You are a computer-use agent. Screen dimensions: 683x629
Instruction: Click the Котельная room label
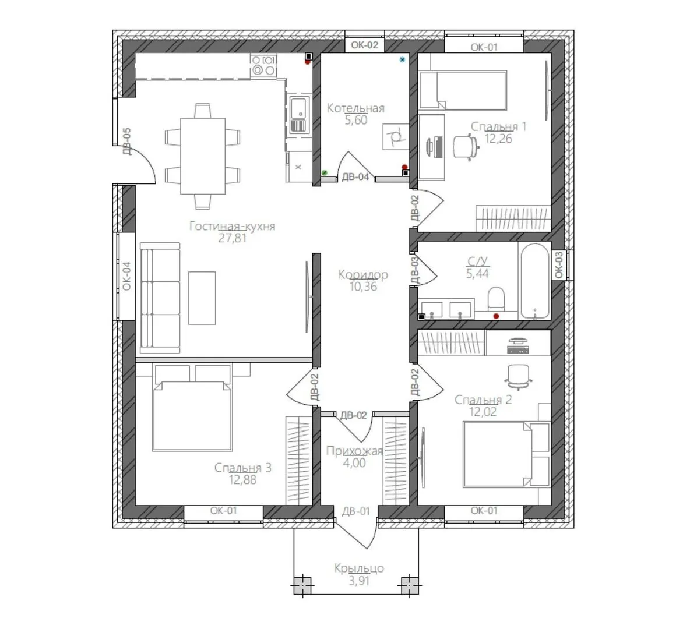pyautogui.click(x=355, y=108)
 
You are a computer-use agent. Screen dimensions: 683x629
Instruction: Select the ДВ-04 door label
pyautogui.click(x=355, y=176)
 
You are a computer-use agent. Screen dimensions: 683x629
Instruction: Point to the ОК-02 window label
pyautogui.click(x=365, y=45)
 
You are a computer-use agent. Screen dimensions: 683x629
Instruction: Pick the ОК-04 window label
pyautogui.click(x=126, y=276)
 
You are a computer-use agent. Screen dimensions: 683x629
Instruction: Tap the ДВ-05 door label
pyautogui.click(x=126, y=141)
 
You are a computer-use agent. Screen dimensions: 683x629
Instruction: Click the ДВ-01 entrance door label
pyautogui.click(x=356, y=511)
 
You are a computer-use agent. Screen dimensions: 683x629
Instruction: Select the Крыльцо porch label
pyautogui.click(x=359, y=568)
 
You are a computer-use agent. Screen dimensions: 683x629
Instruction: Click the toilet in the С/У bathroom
pyautogui.click(x=496, y=299)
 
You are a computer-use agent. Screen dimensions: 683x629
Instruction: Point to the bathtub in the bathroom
pyautogui.click(x=534, y=281)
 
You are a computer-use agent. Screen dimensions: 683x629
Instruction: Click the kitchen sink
pyautogui.click(x=298, y=115)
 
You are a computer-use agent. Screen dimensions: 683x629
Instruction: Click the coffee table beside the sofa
pyautogui.click(x=202, y=298)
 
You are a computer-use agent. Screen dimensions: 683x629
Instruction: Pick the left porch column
pyautogui.click(x=302, y=585)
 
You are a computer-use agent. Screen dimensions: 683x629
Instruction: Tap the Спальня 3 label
pyautogui.click(x=242, y=468)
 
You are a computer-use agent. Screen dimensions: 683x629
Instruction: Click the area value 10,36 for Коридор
pyautogui.click(x=363, y=287)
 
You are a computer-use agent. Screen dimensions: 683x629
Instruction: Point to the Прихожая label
pyautogui.click(x=354, y=451)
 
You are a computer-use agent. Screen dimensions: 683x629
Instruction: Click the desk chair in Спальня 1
pyautogui.click(x=466, y=147)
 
